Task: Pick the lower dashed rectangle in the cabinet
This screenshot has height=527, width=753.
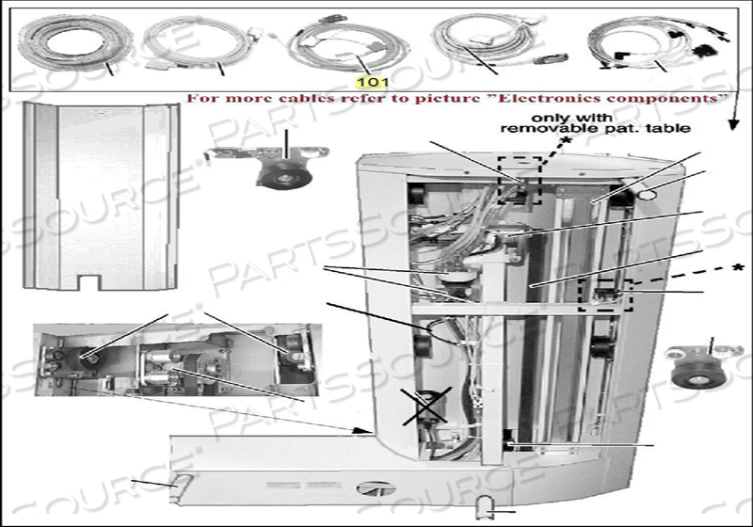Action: [606, 295]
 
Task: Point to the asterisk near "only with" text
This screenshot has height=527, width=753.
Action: [567, 140]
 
